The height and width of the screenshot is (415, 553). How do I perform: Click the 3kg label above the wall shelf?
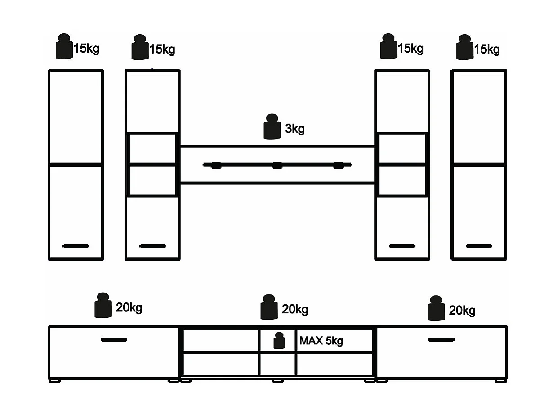click(x=294, y=129)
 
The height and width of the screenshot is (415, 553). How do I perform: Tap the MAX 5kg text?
click(x=321, y=341)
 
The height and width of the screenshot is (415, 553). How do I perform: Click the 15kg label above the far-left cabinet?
click(x=86, y=49)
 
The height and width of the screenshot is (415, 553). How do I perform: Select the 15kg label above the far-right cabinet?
click(x=487, y=50)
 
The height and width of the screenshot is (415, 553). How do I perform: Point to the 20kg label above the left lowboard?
click(x=129, y=307)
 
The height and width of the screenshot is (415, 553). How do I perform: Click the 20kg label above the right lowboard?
click(x=462, y=311)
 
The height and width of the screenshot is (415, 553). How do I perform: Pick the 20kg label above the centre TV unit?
click(x=295, y=309)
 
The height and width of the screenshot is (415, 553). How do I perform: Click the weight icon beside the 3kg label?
click(x=272, y=126)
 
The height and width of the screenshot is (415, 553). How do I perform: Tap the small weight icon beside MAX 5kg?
click(x=279, y=340)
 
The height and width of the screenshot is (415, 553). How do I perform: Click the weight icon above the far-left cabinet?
click(x=64, y=46)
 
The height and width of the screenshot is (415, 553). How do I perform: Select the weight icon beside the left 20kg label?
click(x=103, y=305)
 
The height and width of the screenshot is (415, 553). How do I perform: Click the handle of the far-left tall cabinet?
click(x=76, y=246)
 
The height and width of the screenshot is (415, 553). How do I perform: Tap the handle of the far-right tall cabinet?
click(x=479, y=246)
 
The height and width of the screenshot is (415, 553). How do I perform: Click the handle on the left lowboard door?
click(x=114, y=340)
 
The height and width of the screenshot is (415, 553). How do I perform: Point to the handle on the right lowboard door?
click(x=441, y=340)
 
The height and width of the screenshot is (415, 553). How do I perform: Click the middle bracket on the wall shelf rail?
click(x=277, y=165)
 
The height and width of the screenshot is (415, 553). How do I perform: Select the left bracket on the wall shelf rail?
click(x=216, y=165)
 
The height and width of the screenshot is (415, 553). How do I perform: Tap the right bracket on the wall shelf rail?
click(x=339, y=165)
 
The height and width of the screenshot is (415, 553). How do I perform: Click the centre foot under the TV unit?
click(x=278, y=381)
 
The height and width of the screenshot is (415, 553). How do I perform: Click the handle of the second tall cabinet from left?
click(x=152, y=246)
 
